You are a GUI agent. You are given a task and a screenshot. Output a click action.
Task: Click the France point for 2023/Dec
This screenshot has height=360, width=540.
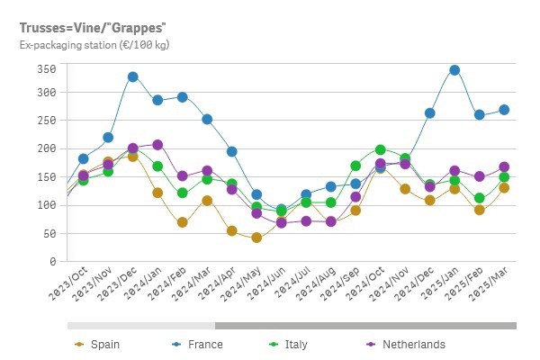pyautogui.click(x=133, y=76)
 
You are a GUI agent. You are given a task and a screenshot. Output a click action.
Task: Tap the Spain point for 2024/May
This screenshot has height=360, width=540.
pyautogui.click(x=256, y=238)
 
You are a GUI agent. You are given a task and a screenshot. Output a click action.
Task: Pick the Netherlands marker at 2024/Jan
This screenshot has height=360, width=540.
pyautogui.click(x=157, y=145)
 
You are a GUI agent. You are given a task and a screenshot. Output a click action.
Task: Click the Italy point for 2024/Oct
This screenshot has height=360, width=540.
pyautogui.click(x=381, y=149)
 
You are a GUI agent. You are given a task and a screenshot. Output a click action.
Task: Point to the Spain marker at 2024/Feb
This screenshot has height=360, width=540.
pyautogui.click(x=183, y=222)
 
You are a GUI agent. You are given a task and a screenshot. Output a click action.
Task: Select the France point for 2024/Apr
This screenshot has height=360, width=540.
pyautogui.click(x=232, y=151)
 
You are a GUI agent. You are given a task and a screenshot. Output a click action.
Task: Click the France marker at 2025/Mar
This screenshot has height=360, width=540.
pyautogui.click(x=504, y=110)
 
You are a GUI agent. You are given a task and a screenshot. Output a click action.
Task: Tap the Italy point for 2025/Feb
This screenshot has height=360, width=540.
pyautogui.click(x=480, y=198)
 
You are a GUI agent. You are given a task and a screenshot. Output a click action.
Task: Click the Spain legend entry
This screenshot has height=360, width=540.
pyautogui.click(x=103, y=344)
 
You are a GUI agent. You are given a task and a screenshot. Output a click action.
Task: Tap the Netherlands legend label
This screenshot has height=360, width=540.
pyautogui.click(x=413, y=344)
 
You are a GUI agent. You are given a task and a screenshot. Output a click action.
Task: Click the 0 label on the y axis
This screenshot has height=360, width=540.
pyautogui.click(x=53, y=261)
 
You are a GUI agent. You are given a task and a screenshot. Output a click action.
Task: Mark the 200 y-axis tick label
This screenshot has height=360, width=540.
pyautogui.click(x=48, y=148)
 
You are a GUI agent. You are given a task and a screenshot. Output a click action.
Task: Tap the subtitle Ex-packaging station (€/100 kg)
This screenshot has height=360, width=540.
pyautogui.click(x=94, y=44)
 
